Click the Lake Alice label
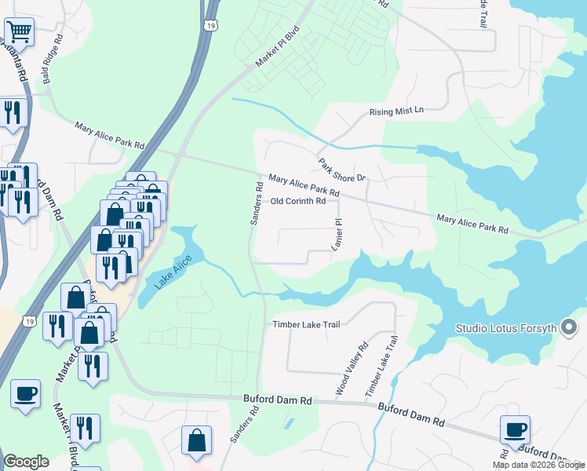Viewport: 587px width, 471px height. (173, 272)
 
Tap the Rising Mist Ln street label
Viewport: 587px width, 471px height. (396, 111)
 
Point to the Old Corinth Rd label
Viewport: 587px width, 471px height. (297, 202)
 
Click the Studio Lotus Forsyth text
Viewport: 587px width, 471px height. (507, 327)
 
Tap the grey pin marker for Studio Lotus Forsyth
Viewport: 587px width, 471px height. (571, 327)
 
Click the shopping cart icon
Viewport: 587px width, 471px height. (19, 32)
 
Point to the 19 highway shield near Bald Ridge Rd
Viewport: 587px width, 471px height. (210, 25)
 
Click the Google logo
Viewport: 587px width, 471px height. (26, 462)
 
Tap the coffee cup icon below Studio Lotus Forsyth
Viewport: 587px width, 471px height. (516, 430)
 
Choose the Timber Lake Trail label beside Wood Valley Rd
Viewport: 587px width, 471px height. (382, 366)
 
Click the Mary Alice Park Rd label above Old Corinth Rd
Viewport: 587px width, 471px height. (304, 186)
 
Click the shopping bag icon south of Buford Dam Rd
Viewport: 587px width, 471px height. (195, 440)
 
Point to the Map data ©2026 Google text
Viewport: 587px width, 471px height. (538, 465)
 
